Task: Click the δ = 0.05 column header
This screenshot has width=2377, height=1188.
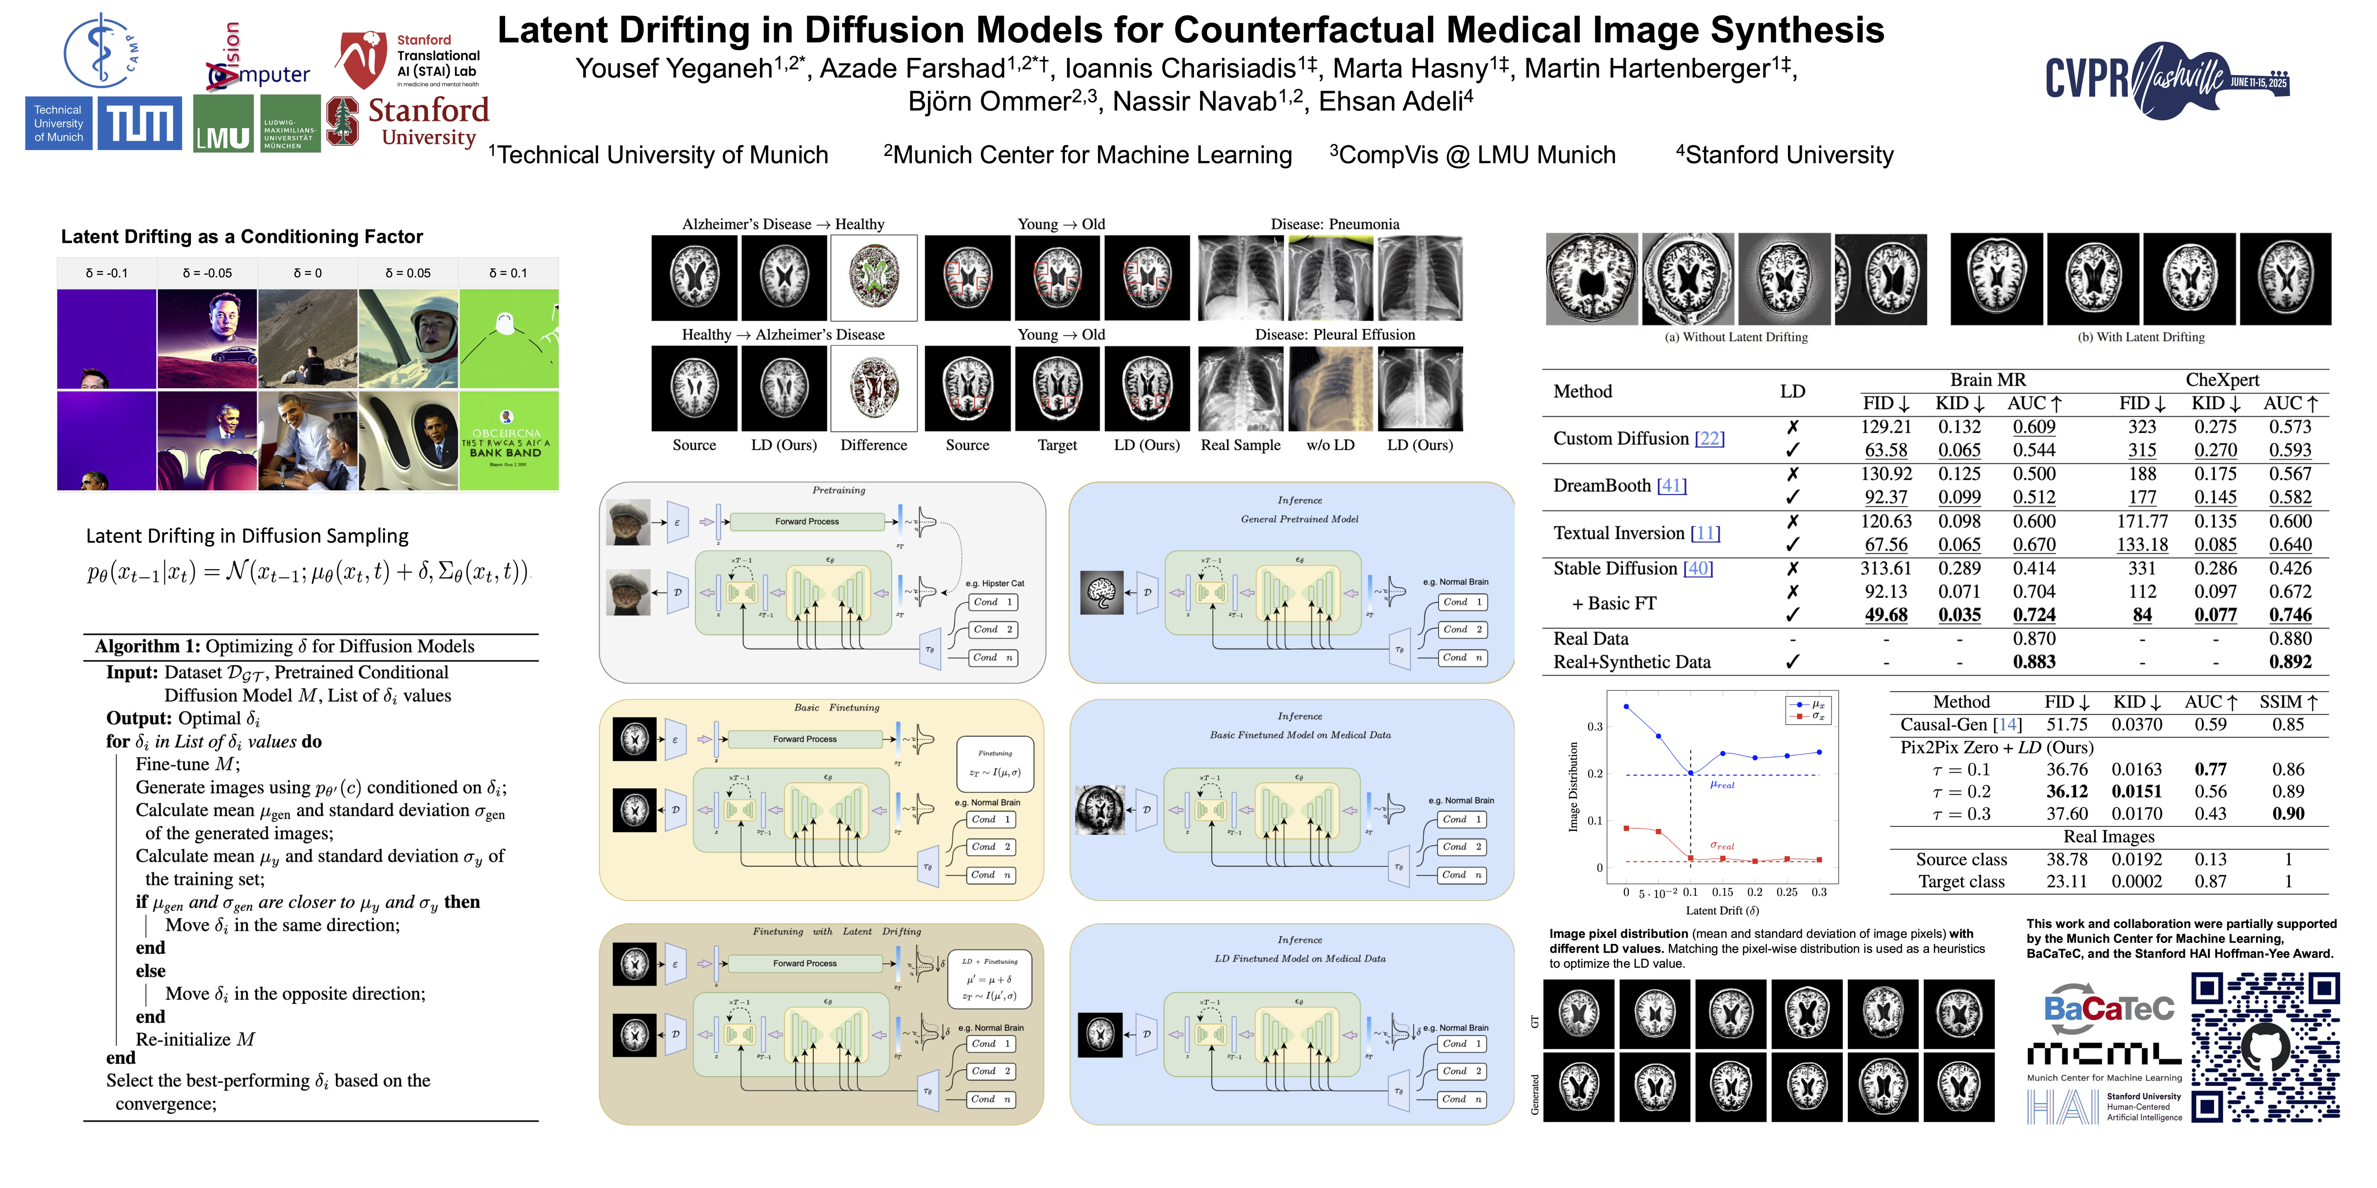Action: coord(407,273)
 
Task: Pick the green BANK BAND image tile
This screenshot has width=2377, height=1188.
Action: coord(508,440)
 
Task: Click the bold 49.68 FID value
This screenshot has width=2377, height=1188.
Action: coord(1885,615)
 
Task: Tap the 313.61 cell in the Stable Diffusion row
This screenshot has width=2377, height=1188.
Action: coord(1885,568)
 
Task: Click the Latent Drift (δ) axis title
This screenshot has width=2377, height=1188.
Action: coord(1722,910)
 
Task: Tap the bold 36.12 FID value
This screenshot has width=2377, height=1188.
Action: coord(2066,791)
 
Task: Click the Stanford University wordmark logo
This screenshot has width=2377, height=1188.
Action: coord(427,122)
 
